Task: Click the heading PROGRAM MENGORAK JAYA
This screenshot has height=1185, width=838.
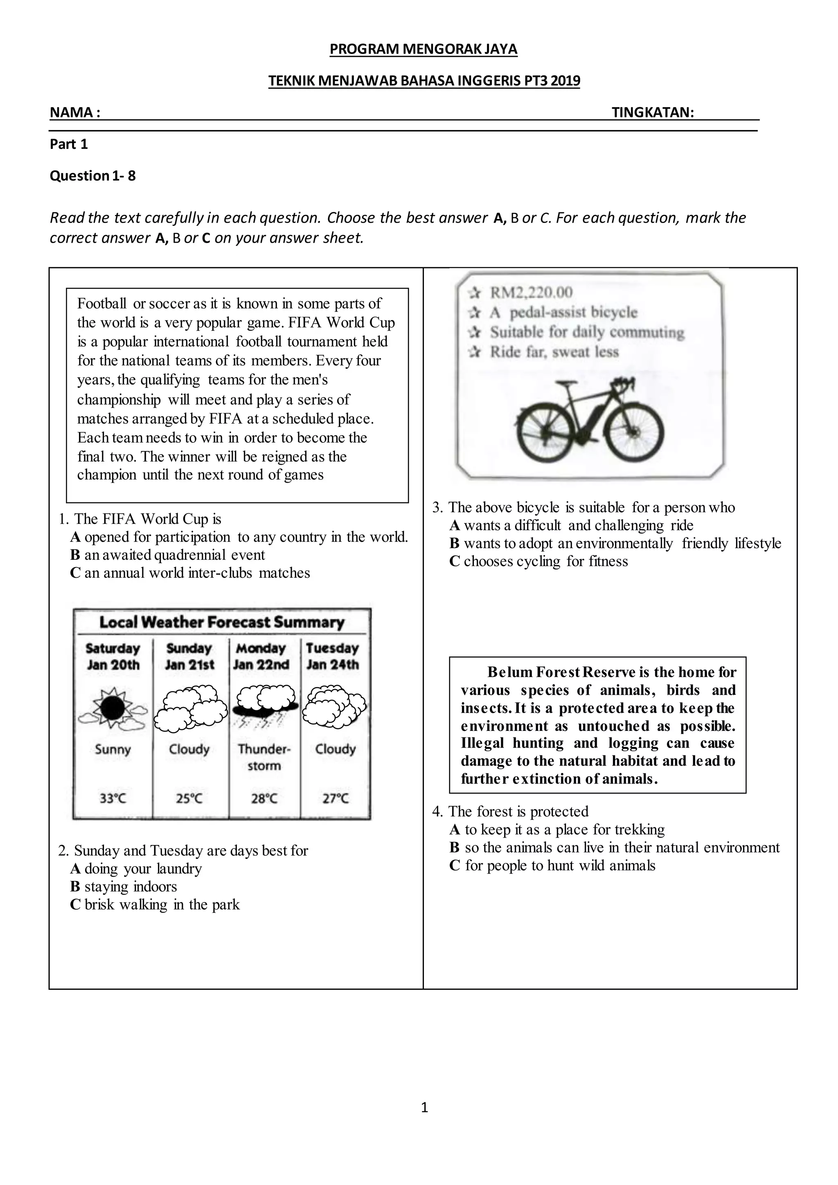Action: coord(423,49)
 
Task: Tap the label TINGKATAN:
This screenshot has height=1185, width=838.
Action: coord(652,112)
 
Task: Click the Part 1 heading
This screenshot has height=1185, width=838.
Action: coord(69,144)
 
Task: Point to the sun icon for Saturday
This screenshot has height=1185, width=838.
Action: coord(113,708)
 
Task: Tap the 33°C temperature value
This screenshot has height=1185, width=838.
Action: coord(113,798)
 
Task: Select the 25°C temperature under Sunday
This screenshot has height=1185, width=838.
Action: coord(189,798)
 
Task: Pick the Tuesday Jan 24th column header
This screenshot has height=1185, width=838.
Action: coord(332,656)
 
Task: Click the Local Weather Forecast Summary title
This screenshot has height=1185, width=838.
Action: coord(221,622)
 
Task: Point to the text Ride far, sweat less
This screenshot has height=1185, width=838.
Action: coord(554,352)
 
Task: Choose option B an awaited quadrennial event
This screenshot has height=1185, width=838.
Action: coord(168,555)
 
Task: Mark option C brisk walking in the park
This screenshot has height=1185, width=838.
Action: coord(155,904)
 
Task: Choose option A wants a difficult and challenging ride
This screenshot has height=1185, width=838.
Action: coord(571,525)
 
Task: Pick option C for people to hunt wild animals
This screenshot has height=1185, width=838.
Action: coord(552,865)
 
